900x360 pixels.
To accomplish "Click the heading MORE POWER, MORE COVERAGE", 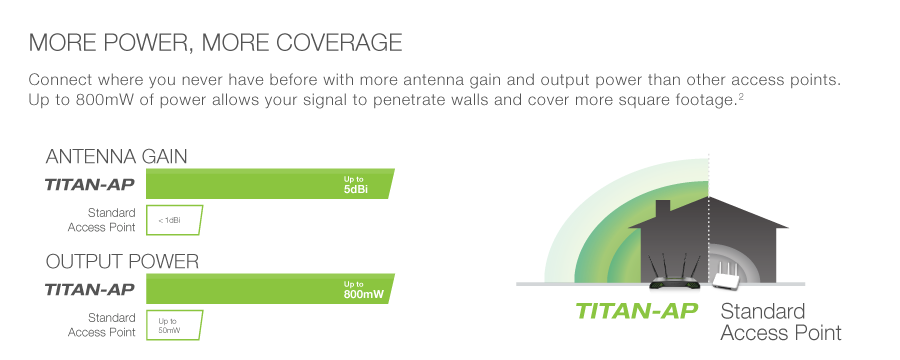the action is point(215,43).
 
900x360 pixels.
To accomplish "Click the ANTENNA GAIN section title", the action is point(117,156).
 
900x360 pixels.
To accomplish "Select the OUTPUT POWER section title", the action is point(122,261).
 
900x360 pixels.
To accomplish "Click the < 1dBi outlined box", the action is point(174,220).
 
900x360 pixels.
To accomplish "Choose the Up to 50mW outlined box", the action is point(174,326).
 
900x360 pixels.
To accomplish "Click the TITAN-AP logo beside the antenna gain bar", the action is point(90,184).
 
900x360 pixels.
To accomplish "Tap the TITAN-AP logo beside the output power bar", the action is point(90,289).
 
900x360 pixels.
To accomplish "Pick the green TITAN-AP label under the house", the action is point(637,311).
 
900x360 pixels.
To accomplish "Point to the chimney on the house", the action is point(663,209).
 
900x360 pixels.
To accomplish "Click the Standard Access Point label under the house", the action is point(781,322).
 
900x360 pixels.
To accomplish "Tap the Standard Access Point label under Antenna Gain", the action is point(102,220).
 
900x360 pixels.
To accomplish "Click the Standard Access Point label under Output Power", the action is point(102,325).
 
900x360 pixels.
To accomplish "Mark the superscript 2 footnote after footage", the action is point(741,96).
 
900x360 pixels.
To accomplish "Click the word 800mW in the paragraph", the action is point(99,100).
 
